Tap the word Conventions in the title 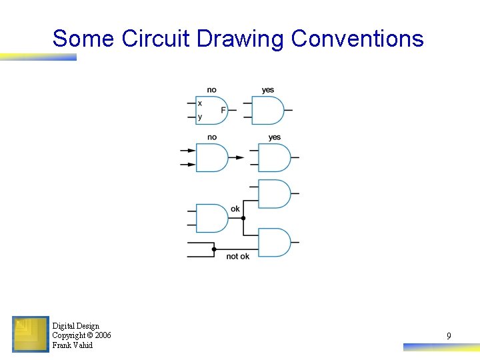point(357,39)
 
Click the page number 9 point(449,337)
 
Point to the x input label point(200,103)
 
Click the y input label point(200,117)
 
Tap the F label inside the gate point(223,110)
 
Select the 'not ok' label point(237,256)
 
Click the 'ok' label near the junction point(235,209)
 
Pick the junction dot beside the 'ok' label point(243,218)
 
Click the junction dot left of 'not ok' point(214,249)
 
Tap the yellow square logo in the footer point(31,334)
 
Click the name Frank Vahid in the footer point(73,345)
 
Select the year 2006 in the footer point(103,335)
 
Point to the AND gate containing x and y point(212,111)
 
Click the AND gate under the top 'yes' point(268,111)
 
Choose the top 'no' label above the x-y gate point(211,90)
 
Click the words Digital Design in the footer point(75,326)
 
